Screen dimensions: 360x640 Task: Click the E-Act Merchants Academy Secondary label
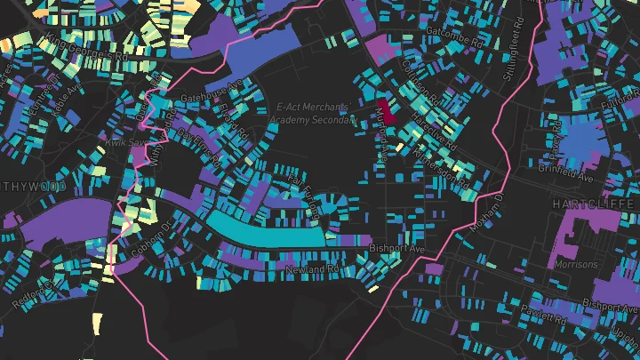[317, 113]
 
